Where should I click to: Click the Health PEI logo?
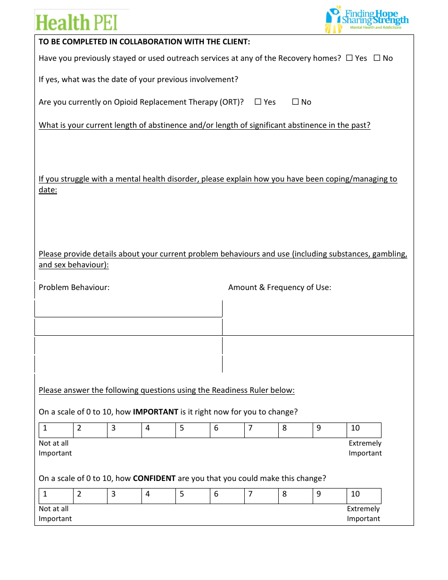coord(76,22)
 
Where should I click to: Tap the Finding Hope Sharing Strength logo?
coord(367,20)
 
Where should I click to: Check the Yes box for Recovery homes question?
coord(349,58)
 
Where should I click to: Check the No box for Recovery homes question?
coord(377,58)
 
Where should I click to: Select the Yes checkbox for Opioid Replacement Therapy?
coord(258,102)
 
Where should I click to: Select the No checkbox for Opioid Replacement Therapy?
coord(295,102)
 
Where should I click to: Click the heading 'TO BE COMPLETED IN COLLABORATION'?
coord(144,41)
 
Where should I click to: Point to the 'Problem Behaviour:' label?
coord(74,287)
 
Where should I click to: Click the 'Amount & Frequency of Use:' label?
coord(280,287)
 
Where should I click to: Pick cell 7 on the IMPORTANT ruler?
coord(262,430)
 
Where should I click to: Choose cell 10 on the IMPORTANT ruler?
coord(364,430)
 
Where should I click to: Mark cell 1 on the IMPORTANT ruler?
coord(56,430)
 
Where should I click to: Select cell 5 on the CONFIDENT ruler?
coord(193,496)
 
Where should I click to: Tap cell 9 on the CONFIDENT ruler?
coord(330,496)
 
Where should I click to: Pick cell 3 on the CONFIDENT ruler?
coord(124,496)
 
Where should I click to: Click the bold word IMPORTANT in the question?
coord(156,412)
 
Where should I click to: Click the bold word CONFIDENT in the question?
coord(154,478)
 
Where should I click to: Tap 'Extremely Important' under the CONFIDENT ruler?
coord(363,514)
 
